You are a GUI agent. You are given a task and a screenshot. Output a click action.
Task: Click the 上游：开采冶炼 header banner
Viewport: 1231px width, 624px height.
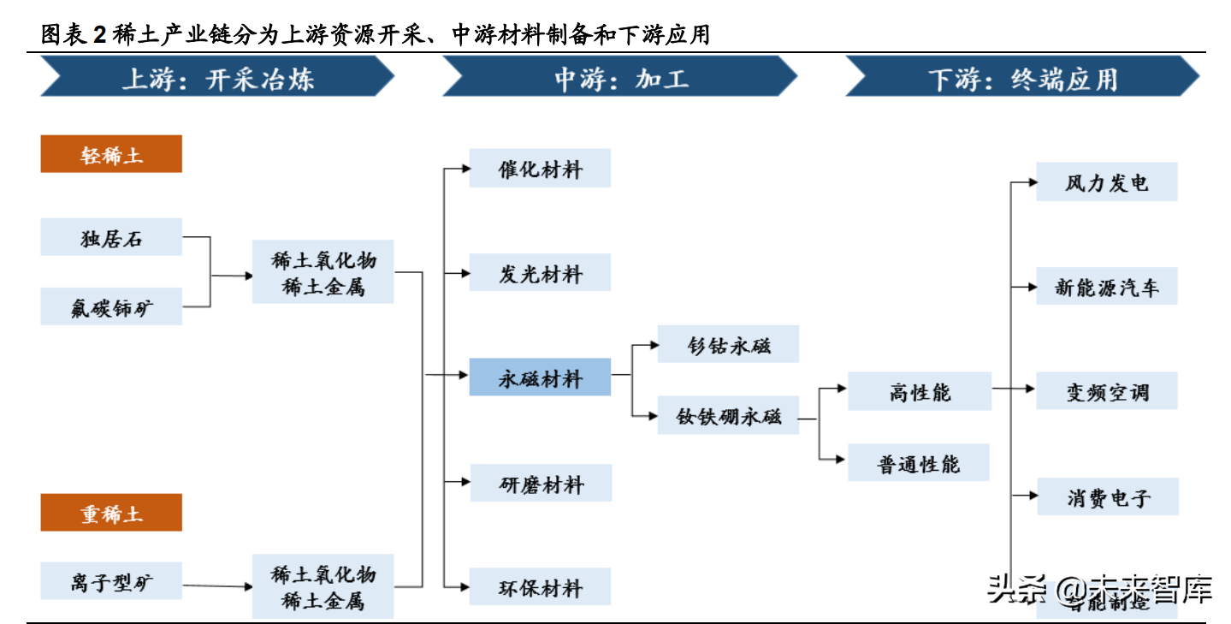[x=217, y=79]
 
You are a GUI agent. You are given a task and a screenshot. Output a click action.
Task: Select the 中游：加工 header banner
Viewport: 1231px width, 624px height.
[x=619, y=79]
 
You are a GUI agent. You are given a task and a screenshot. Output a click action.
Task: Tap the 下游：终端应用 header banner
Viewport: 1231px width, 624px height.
[x=1022, y=79]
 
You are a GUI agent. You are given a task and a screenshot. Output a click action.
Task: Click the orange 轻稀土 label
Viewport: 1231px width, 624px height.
[x=111, y=154]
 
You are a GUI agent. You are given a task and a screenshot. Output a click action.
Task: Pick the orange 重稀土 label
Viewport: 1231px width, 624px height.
[x=111, y=513]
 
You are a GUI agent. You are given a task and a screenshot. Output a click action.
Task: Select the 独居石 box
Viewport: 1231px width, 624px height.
[x=111, y=237]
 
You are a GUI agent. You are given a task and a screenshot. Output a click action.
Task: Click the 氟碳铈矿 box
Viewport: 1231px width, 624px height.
[x=111, y=306]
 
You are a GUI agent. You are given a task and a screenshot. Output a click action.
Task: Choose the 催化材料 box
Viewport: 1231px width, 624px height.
[x=540, y=168]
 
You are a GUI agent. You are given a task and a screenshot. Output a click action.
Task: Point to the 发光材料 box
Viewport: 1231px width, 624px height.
[x=540, y=273]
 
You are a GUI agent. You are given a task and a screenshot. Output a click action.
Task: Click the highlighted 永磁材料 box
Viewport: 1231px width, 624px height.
[x=540, y=377]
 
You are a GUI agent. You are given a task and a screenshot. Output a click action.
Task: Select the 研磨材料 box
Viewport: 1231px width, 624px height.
[x=541, y=483]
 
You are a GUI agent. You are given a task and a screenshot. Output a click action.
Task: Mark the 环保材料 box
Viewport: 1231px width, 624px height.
[x=540, y=587]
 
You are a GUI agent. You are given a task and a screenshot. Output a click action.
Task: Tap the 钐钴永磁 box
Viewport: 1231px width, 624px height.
[x=728, y=344]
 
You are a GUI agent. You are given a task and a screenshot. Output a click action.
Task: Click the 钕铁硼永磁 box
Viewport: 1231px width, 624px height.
[x=728, y=415]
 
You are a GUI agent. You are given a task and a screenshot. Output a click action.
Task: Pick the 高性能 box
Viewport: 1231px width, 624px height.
[x=920, y=391]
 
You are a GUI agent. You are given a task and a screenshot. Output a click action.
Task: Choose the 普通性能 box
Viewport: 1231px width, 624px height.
[x=919, y=462]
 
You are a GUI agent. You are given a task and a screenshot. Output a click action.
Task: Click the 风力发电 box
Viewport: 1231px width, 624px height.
[x=1106, y=181]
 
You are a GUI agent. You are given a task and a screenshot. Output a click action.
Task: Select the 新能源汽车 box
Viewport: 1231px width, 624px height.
[x=1106, y=286]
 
